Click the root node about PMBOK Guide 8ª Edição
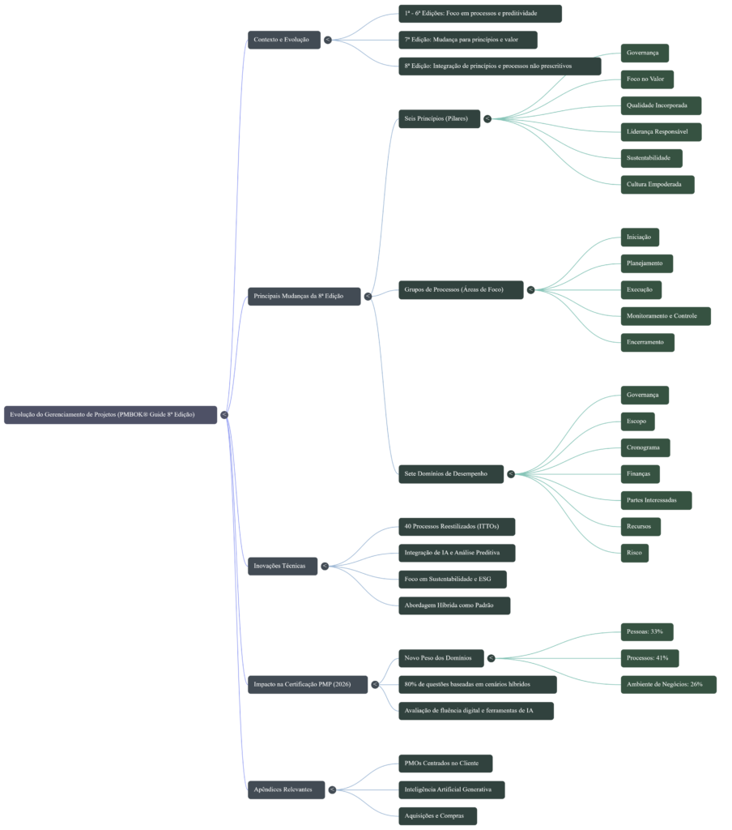point(110,414)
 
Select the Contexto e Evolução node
point(283,40)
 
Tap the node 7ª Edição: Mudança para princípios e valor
point(468,40)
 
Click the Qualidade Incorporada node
point(660,105)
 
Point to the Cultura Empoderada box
point(657,184)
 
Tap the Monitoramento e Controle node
point(665,316)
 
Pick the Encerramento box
point(647,342)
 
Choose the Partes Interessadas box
point(655,500)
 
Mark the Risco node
point(634,553)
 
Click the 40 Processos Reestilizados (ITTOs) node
point(456,527)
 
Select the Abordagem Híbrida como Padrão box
point(453,605)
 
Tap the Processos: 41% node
point(649,658)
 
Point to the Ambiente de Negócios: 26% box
point(668,685)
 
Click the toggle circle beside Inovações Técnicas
point(325,566)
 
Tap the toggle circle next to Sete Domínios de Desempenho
point(511,473)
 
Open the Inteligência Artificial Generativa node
point(451,789)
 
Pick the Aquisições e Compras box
point(437,816)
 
